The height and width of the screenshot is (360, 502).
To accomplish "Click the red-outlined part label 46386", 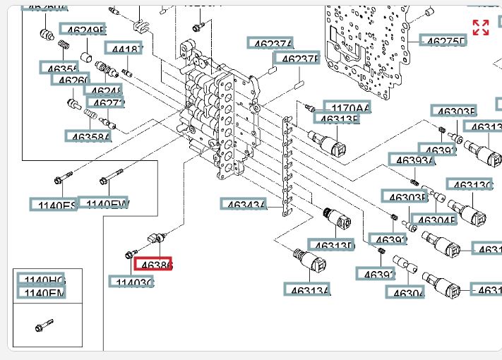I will (x=153, y=265).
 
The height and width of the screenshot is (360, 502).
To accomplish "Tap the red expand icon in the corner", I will (x=481, y=28).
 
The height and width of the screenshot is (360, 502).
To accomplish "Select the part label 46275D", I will (x=443, y=41).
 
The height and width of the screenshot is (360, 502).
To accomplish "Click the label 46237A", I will (x=270, y=44).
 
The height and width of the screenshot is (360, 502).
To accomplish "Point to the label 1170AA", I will (x=347, y=108).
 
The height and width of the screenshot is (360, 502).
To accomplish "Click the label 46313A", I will (x=307, y=289).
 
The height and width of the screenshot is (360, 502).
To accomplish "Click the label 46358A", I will (x=88, y=136).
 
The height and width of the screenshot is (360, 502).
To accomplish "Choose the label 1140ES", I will (x=54, y=205).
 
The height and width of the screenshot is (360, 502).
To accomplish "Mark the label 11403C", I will (x=131, y=282).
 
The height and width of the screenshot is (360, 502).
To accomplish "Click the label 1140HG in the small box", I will (x=41, y=280).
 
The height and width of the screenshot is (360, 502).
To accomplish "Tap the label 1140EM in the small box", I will (x=41, y=293).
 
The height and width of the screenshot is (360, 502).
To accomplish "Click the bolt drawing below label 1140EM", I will (x=44, y=327).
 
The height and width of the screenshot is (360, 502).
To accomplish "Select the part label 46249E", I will (x=83, y=30).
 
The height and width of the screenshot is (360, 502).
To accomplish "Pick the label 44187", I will (x=124, y=48).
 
